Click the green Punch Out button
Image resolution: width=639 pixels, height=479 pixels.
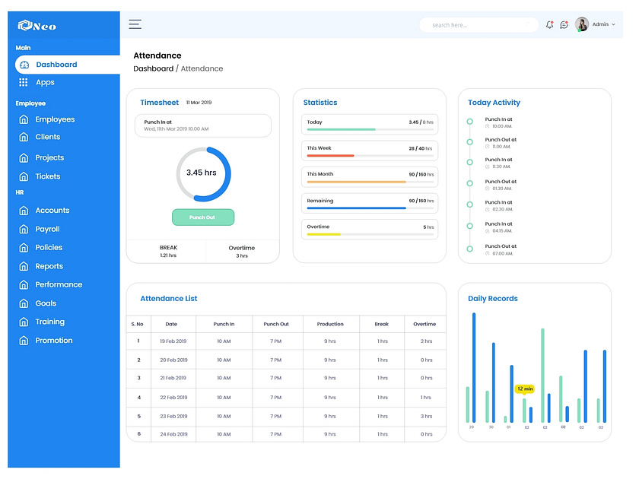(x=202, y=217)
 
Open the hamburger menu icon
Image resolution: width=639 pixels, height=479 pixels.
(x=135, y=24)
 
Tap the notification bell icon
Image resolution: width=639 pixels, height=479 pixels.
(x=549, y=25)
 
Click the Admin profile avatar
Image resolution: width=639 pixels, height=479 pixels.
(x=582, y=24)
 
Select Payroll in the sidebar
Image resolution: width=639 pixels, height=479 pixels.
(x=47, y=229)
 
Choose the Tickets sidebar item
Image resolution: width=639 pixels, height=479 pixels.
(x=47, y=176)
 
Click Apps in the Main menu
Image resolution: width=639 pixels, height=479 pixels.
(x=45, y=82)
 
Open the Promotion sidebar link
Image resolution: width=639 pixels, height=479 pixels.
(x=53, y=341)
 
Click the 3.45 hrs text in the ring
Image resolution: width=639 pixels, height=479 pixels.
(x=202, y=173)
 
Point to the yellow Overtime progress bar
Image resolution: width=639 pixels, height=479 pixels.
(x=323, y=234)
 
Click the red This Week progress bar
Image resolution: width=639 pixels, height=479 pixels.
(x=329, y=155)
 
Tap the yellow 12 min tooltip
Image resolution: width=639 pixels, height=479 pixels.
(x=524, y=389)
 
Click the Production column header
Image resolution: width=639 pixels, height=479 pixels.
(x=330, y=324)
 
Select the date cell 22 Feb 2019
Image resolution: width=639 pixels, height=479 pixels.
(x=173, y=398)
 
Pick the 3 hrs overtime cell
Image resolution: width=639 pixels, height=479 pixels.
(x=426, y=416)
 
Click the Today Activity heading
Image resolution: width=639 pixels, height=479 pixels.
(x=494, y=103)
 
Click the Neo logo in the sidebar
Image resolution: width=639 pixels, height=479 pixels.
(x=37, y=26)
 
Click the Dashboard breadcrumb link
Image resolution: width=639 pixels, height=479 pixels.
(x=153, y=68)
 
